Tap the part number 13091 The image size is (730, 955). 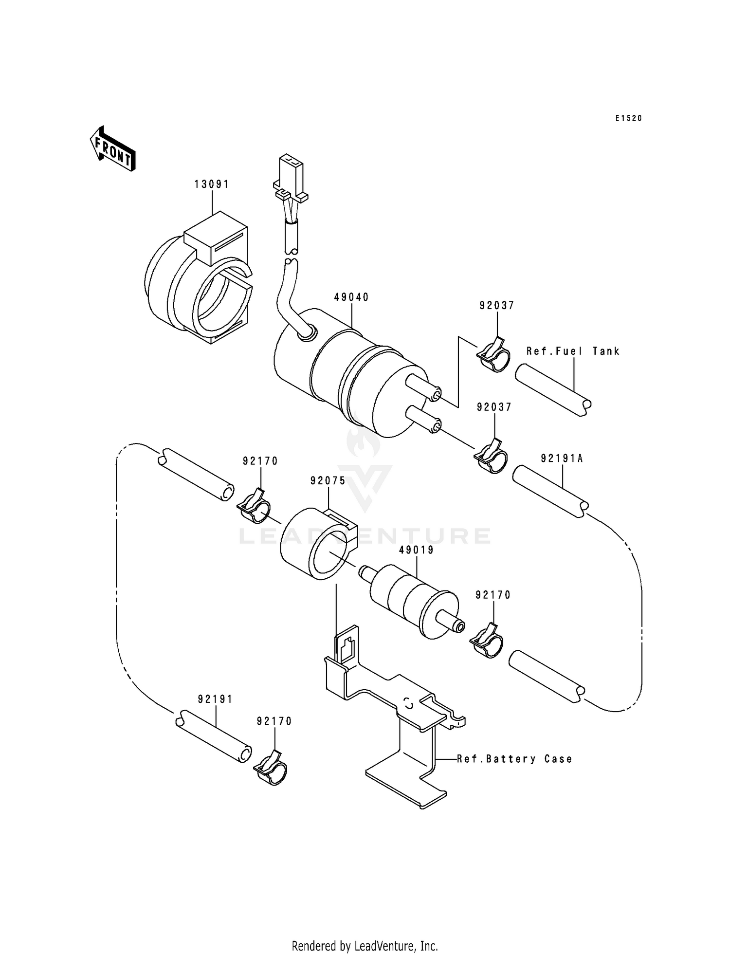(x=212, y=184)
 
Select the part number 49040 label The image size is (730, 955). (x=351, y=297)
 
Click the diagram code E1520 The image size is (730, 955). (x=628, y=118)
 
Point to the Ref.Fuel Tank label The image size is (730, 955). (x=573, y=351)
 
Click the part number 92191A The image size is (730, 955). (x=562, y=459)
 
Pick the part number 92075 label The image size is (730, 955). (x=328, y=481)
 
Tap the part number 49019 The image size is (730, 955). (x=416, y=550)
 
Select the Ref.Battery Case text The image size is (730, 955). (x=514, y=759)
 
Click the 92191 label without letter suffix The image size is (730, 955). (x=215, y=699)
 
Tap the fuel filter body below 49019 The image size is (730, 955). (x=414, y=601)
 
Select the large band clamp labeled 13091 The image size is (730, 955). (x=200, y=287)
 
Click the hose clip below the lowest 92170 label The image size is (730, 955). (x=271, y=769)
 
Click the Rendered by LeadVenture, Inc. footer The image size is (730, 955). (x=365, y=946)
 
